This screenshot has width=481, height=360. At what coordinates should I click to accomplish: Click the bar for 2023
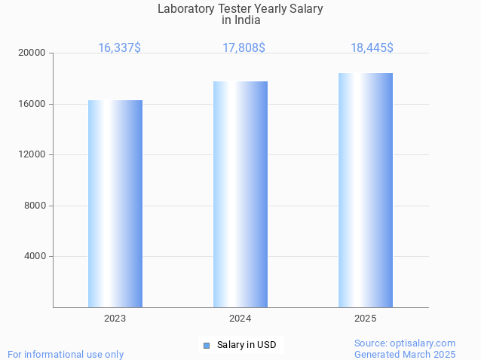tap(115, 203)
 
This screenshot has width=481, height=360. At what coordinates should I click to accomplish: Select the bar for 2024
tap(240, 194)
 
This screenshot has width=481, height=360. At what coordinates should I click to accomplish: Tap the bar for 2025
tap(366, 190)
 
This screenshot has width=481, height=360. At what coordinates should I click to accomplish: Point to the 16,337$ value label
tap(119, 48)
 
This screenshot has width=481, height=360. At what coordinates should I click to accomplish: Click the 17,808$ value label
tap(244, 48)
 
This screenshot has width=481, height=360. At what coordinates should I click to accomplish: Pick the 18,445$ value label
tap(372, 48)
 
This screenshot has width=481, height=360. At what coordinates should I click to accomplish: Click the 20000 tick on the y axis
tap(32, 53)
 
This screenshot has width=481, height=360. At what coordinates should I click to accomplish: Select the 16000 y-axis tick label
tap(32, 104)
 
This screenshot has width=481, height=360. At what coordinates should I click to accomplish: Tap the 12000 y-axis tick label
tap(32, 155)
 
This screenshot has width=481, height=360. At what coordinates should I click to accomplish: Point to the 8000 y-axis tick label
tap(35, 206)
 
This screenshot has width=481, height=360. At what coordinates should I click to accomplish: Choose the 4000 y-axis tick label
tap(35, 257)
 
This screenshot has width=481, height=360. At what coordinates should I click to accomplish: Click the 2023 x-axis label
tap(115, 319)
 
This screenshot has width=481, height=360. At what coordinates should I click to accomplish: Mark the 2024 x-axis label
tap(240, 319)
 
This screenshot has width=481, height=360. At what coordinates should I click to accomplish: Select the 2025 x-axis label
tap(366, 319)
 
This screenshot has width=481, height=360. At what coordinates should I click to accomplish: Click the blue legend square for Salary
tap(207, 346)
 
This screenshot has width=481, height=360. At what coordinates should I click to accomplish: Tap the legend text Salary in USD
tap(247, 346)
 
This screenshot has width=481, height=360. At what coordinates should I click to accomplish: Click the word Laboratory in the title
tap(185, 9)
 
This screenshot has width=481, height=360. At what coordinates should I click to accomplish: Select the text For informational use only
tap(66, 354)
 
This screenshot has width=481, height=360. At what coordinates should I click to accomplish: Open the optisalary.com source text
tap(405, 343)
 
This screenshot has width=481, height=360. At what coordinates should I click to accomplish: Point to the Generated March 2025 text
tap(405, 354)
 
